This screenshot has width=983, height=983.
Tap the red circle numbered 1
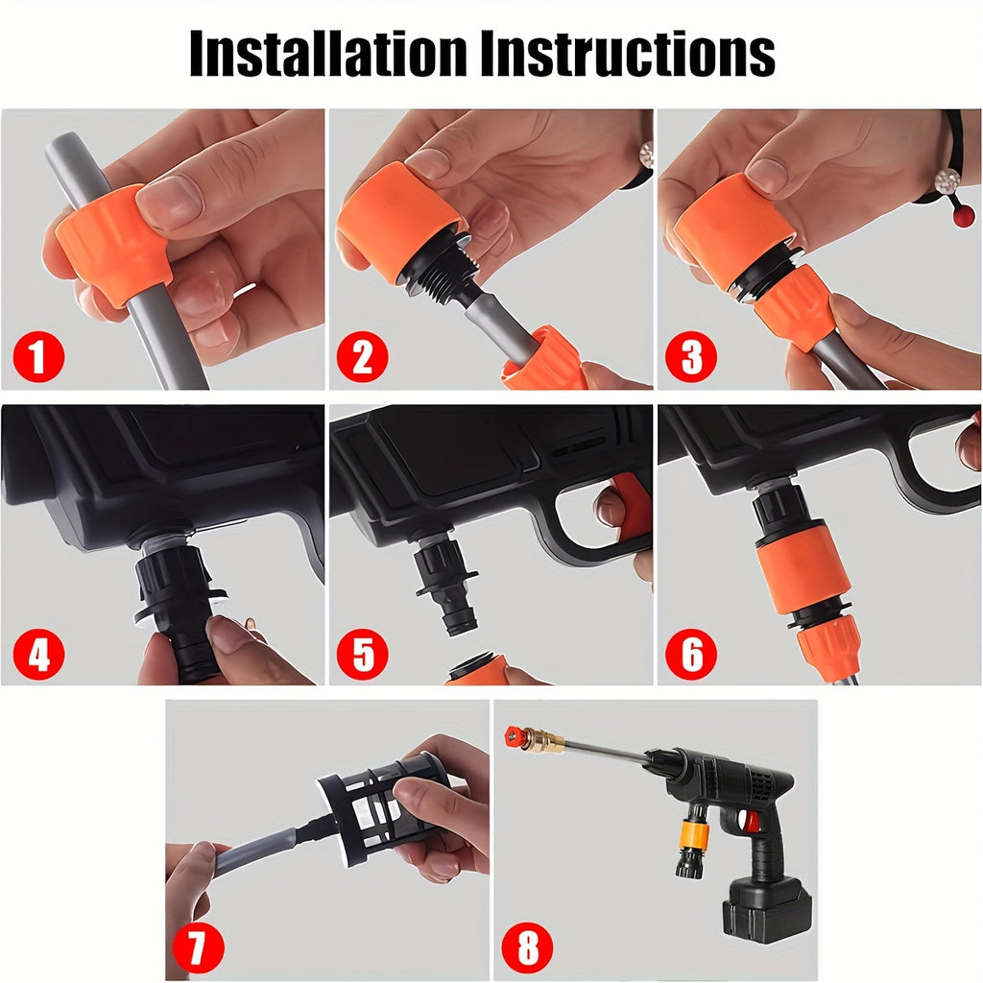[x=38, y=359]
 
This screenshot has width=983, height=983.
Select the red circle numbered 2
[x=362, y=359]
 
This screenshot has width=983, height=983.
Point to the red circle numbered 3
[x=690, y=359]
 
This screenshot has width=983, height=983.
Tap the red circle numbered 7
[x=198, y=948]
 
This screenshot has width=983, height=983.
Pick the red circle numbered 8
[x=527, y=948]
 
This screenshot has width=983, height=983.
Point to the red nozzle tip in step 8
[x=514, y=736]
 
